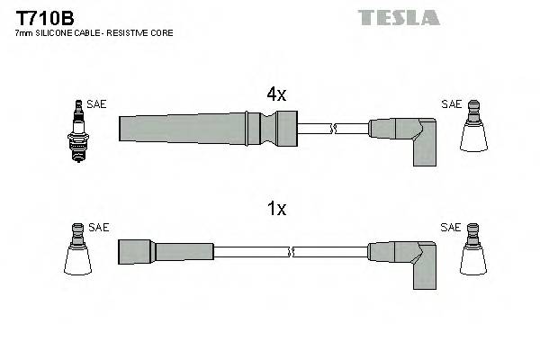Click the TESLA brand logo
click(x=399, y=17)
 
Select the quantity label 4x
click(x=275, y=94)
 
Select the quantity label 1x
click(x=275, y=209)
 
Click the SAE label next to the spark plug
click(x=97, y=104)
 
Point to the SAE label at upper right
click(x=451, y=104)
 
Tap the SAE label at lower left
click(x=99, y=228)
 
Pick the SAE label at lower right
click(x=451, y=228)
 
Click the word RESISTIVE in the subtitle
click(x=136, y=33)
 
